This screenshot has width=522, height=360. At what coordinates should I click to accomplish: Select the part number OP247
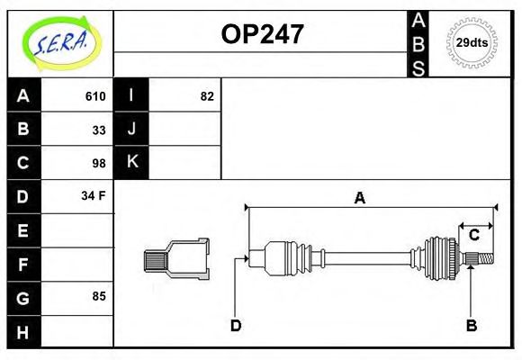click(262, 35)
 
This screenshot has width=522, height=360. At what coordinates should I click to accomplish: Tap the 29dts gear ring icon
click(472, 41)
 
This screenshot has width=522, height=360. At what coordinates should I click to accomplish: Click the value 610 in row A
click(94, 96)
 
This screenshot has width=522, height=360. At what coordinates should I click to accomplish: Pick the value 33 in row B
click(98, 130)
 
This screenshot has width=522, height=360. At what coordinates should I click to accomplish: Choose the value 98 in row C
click(98, 163)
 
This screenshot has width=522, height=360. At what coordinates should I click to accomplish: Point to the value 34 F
click(94, 195)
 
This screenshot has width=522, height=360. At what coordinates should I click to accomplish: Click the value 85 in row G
click(98, 295)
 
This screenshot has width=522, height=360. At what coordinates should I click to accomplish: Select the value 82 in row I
click(207, 96)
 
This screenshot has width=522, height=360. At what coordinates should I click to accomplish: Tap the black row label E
click(23, 229)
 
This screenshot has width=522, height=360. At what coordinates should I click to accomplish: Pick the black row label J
click(131, 130)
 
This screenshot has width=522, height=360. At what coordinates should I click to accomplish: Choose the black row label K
click(131, 163)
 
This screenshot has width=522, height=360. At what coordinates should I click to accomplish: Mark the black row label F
click(23, 264)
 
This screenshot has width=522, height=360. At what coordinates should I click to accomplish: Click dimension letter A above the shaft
click(359, 199)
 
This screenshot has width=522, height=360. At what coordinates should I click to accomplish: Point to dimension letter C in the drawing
click(472, 235)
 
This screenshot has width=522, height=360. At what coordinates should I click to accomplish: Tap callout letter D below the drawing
click(236, 325)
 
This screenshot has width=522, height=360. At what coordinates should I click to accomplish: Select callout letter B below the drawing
click(471, 325)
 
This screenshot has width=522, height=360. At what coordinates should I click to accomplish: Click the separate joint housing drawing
click(177, 258)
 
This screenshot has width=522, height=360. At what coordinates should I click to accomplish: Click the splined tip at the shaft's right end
click(483, 259)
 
